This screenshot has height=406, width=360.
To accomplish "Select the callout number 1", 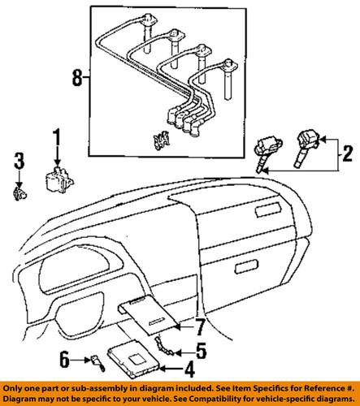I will pos(58,136).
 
